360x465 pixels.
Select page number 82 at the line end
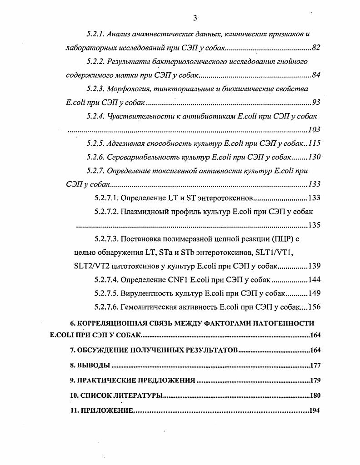pyautogui.click(x=316, y=48)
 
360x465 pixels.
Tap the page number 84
pyautogui.click(x=316, y=75)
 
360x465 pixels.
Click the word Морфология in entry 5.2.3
pyautogui.click(x=127, y=89)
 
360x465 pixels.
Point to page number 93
pyautogui.click(x=316, y=103)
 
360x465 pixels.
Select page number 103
pyautogui.click(x=314, y=130)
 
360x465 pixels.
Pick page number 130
pyautogui.click(x=314, y=157)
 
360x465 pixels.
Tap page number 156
pyautogui.click(x=314, y=307)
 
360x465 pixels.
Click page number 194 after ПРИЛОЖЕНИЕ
pyautogui.click(x=315, y=411)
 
